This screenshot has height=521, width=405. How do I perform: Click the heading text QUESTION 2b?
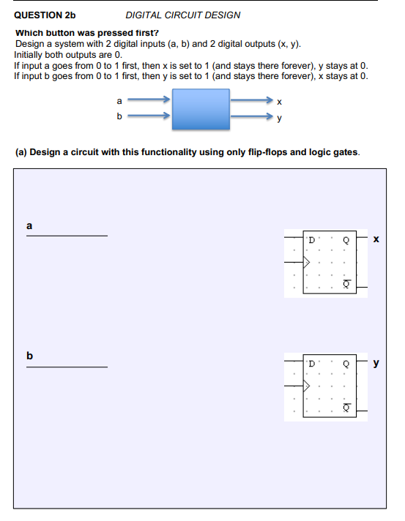(45, 15)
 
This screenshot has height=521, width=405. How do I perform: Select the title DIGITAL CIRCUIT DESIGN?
(182, 15)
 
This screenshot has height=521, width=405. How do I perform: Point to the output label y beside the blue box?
(279, 116)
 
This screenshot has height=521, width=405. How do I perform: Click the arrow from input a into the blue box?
(150, 100)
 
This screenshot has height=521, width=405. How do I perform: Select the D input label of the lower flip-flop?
(311, 364)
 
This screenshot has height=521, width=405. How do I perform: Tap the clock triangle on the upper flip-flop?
(308, 259)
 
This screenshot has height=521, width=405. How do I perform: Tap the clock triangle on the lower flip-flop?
(308, 383)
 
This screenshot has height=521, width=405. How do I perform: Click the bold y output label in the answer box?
(376, 363)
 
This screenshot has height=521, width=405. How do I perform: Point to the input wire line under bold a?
(67, 236)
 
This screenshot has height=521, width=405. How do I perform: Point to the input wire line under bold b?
(67, 367)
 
